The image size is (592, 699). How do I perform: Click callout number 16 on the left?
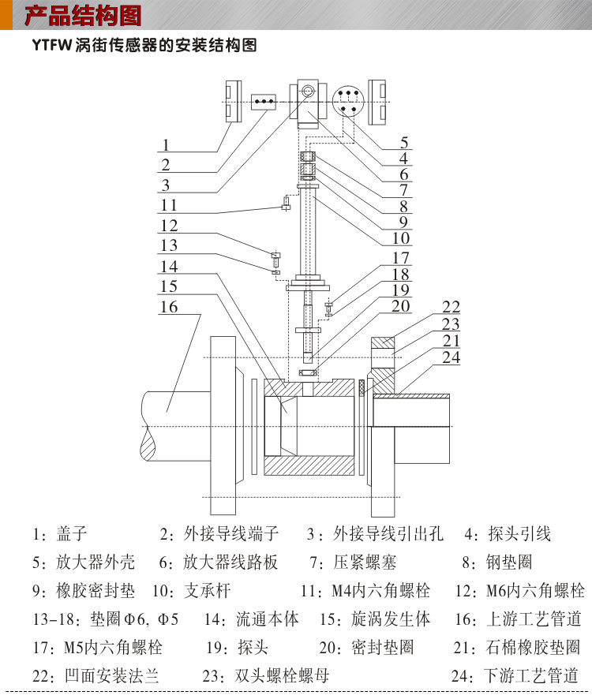[169, 307]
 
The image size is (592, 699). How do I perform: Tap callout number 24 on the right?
[451, 357]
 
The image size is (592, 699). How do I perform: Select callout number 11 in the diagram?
[169, 205]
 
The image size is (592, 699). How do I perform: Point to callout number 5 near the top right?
[403, 143]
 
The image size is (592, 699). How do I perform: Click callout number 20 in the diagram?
[401, 306]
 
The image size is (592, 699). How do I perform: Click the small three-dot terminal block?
[264, 102]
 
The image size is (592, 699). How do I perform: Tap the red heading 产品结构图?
[83, 16]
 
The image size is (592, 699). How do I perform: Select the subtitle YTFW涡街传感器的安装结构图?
[144, 45]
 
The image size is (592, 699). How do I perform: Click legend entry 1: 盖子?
[59, 533]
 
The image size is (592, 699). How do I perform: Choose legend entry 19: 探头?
[237, 647]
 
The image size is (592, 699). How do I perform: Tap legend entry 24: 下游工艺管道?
[515, 676]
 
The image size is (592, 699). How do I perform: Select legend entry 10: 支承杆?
[191, 591]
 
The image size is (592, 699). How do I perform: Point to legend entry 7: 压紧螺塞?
[353, 563]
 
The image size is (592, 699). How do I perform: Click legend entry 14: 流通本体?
[251, 619]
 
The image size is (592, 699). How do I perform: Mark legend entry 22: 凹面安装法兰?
[96, 676]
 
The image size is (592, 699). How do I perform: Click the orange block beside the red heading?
[6, 15]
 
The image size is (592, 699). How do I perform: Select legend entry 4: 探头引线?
[508, 533]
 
